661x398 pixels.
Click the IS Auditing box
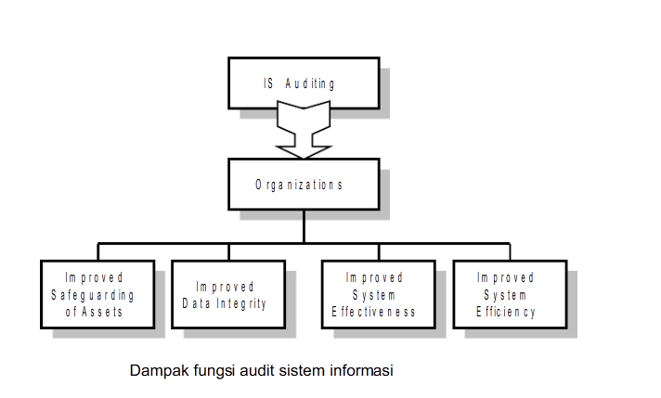(304, 83)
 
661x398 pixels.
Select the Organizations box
(304, 184)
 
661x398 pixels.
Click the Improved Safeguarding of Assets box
(96, 294)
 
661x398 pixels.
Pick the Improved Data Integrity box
(227, 294)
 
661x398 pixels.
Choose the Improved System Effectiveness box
(376, 294)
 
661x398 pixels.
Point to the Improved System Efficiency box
(507, 294)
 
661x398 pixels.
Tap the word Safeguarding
(96, 295)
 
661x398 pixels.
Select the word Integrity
(243, 303)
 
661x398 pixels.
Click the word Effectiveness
(375, 313)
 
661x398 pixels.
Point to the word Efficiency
(507, 313)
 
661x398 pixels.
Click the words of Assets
(96, 312)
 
